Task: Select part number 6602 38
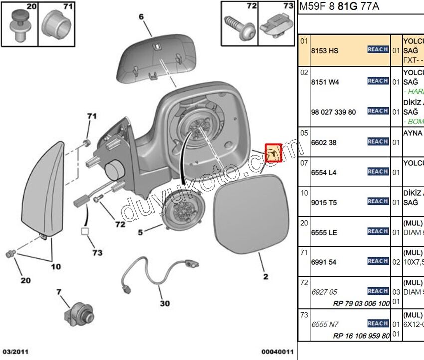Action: point(324,143)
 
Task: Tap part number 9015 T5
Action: point(324,203)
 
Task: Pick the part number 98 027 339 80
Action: point(333,112)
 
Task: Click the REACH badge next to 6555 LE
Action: point(378,231)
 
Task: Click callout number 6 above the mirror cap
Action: point(141,17)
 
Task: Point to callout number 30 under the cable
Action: point(164,303)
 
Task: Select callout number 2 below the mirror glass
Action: point(265,276)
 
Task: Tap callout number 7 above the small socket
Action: point(59,291)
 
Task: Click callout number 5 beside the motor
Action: point(141,232)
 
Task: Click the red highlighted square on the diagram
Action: point(273,153)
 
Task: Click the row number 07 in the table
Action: point(304,163)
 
